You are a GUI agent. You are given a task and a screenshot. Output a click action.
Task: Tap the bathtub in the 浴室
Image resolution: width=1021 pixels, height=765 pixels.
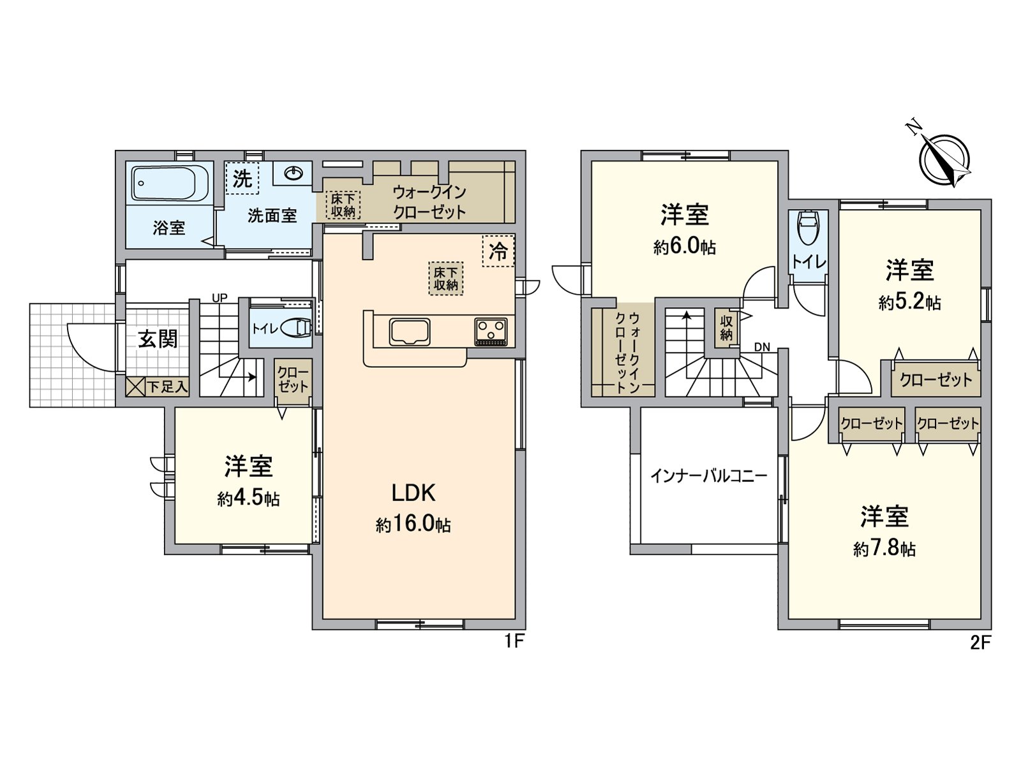(x=171, y=183)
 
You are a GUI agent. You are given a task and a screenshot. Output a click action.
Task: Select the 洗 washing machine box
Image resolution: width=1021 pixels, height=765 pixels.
(x=242, y=178)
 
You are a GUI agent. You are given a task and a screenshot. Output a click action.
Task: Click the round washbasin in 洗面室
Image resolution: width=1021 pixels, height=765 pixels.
(x=294, y=173)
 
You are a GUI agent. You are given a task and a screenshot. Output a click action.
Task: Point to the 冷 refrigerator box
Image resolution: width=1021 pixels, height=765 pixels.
(x=498, y=251)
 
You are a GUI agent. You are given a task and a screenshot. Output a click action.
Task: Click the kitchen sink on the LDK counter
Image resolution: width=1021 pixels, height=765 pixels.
(x=409, y=332)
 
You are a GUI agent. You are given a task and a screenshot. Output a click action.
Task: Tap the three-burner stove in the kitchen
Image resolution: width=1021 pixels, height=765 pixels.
(x=491, y=331)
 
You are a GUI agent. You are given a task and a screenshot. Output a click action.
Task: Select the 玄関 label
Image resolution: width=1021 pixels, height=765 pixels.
(x=158, y=339)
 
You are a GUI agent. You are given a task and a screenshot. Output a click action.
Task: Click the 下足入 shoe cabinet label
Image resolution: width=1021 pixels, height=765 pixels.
(x=167, y=386)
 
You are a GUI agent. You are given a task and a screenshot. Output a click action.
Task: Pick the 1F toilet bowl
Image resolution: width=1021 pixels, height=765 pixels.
(x=295, y=328)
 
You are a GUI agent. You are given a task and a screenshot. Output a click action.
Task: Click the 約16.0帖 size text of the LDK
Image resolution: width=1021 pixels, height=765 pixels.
(x=414, y=524)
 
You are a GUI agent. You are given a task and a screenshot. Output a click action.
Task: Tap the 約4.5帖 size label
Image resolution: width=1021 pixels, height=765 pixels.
(x=248, y=498)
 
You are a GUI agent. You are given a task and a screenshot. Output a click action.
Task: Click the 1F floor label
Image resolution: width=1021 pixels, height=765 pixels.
(x=514, y=641)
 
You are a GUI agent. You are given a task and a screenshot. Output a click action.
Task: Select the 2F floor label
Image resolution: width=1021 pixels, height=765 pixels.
(x=980, y=643)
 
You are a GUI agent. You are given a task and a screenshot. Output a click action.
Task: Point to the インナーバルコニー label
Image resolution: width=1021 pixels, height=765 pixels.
(x=708, y=476)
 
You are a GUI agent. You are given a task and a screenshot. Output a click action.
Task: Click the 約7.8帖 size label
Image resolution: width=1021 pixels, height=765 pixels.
(x=884, y=548)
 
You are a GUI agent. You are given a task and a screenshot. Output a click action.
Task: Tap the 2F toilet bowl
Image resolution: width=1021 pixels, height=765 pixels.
(x=808, y=228)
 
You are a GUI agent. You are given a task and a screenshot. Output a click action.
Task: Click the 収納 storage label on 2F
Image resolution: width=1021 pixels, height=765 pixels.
(x=726, y=327)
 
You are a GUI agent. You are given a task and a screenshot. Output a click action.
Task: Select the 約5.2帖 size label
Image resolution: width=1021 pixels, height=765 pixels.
(x=909, y=302)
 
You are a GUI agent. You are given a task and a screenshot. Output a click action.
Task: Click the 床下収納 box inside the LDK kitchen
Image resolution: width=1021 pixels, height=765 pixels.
(x=446, y=279)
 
